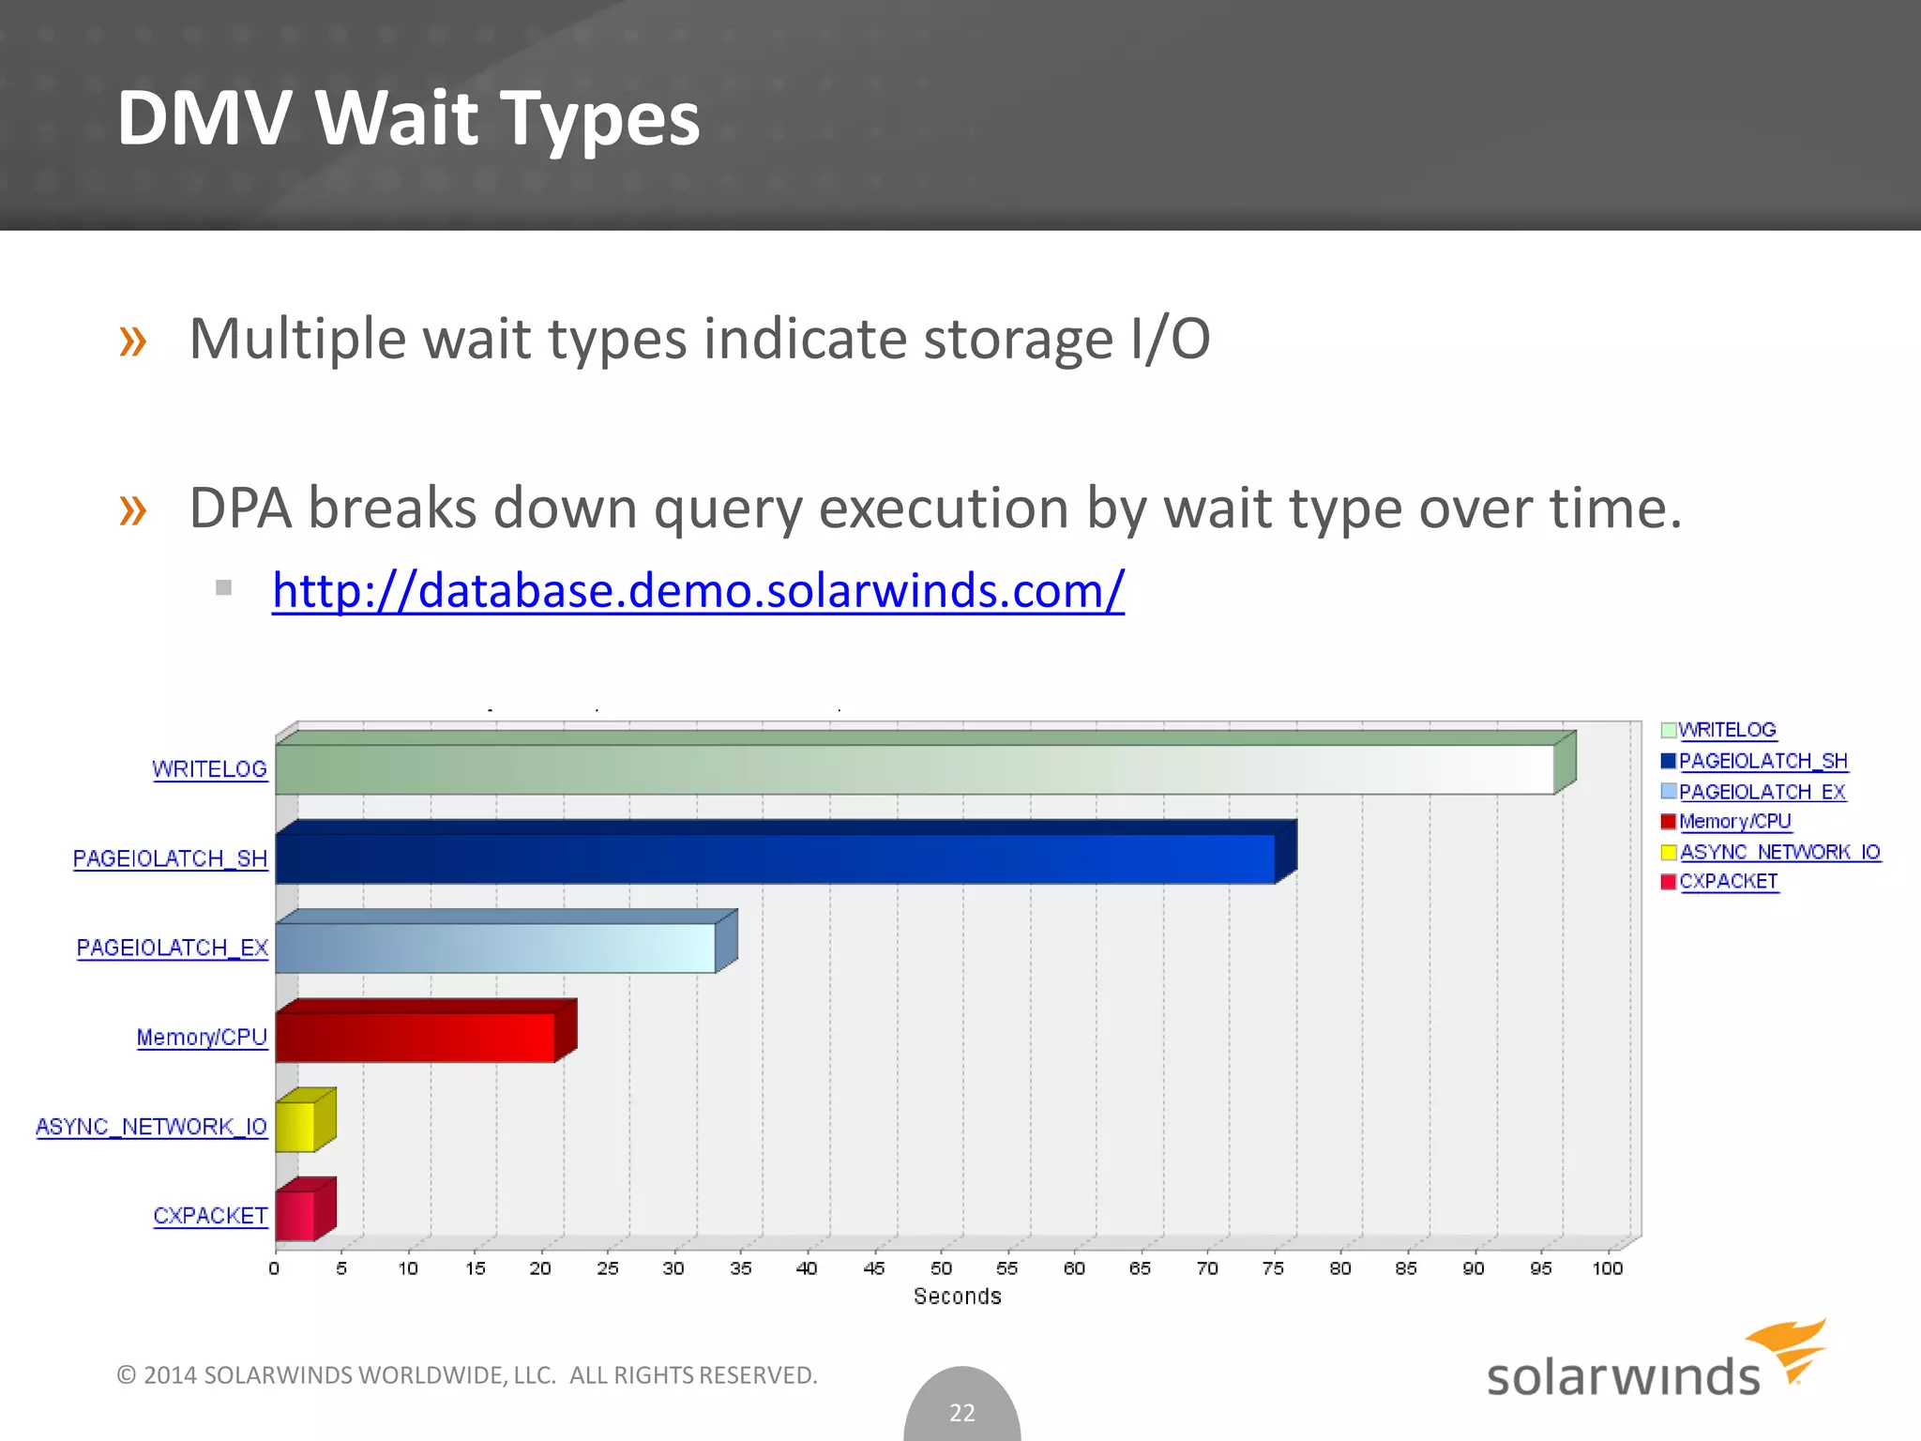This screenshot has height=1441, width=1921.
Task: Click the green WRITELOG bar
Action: coord(915,769)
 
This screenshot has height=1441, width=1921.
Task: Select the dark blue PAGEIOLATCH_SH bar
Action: coord(775,858)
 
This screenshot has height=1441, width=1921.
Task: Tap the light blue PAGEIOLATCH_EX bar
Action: coord(495,948)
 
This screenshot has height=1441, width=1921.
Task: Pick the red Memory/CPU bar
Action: coord(415,1037)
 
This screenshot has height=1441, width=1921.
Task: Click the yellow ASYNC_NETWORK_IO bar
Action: coord(295,1126)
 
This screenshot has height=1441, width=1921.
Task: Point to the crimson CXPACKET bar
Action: coord(295,1215)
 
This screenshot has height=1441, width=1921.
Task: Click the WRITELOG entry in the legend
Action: coord(1726,730)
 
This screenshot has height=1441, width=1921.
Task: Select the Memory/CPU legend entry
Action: coord(1734,822)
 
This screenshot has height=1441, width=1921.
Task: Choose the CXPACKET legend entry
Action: coord(1728,882)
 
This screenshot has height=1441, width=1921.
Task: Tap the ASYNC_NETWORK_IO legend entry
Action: coord(1779,852)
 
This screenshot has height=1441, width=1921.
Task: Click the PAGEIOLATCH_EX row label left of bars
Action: coord(173,948)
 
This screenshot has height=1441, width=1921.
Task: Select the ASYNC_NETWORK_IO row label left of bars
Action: coord(152,1126)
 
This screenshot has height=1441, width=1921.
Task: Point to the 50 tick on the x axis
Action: coord(941,1268)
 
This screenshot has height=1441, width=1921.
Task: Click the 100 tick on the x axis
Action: coord(1607,1268)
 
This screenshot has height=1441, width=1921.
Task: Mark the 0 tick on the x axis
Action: coord(274,1268)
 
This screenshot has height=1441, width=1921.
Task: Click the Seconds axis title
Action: coord(957,1297)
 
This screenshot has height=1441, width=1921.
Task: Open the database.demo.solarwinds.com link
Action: coord(698,591)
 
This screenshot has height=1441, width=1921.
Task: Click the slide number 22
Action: coord(962,1412)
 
